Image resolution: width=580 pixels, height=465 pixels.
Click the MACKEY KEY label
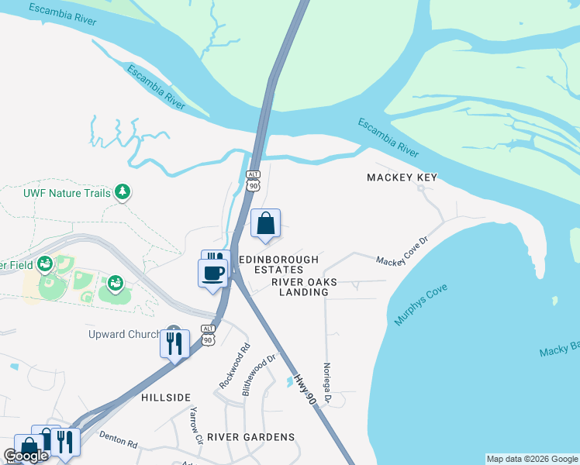click(402, 177)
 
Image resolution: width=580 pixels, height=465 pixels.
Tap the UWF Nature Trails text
click(67, 192)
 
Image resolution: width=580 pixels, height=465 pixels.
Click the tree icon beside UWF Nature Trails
click(122, 191)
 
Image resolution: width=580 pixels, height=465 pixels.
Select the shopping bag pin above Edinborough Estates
click(265, 224)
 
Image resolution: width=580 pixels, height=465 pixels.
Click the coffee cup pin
click(213, 274)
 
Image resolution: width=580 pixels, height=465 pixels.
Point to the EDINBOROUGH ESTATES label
click(278, 264)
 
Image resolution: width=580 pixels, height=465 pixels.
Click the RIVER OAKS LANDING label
click(300, 288)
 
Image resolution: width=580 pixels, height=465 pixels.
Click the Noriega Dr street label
click(327, 384)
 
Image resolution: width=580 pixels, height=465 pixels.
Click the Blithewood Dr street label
click(259, 375)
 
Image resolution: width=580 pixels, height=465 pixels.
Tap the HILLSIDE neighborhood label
click(166, 398)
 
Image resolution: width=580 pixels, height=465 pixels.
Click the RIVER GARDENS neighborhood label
click(250, 437)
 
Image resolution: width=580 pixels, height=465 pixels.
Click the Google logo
click(26, 456)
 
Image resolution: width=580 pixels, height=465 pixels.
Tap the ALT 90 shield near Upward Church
click(207, 334)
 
